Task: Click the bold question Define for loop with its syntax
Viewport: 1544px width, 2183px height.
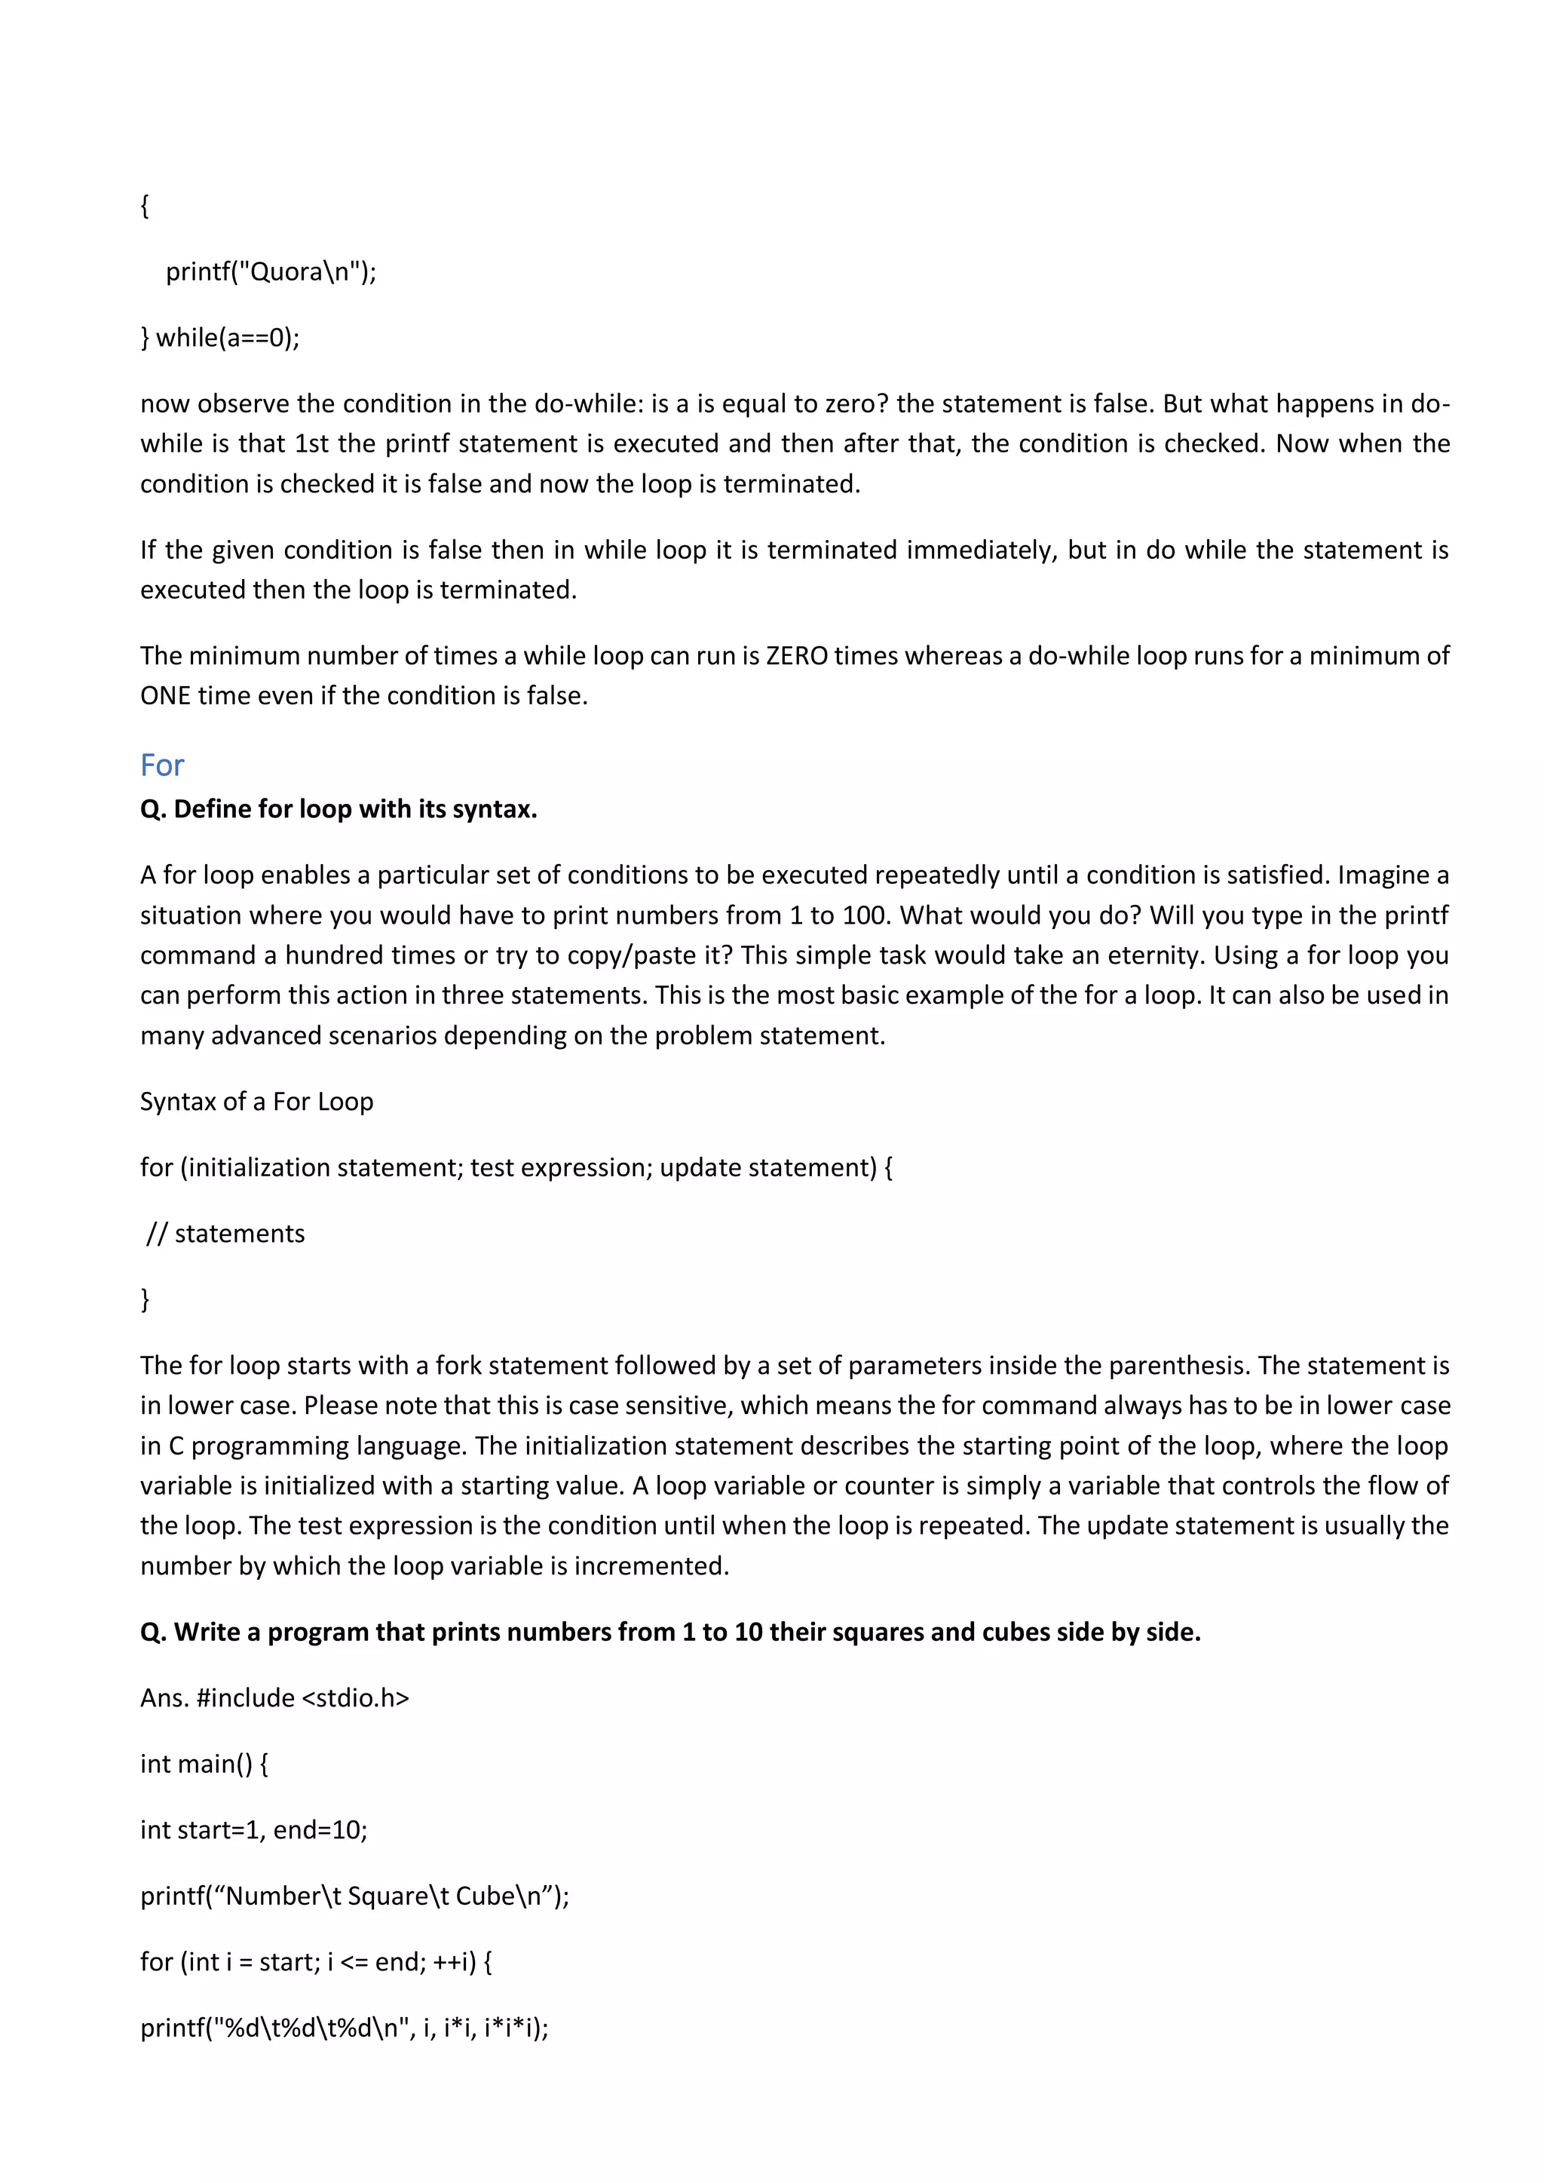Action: pos(339,809)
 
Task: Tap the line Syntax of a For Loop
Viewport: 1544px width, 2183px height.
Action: pos(256,1102)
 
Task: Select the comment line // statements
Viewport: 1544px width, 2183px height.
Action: pos(226,1234)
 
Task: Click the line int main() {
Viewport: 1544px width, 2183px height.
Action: pos(204,1764)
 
